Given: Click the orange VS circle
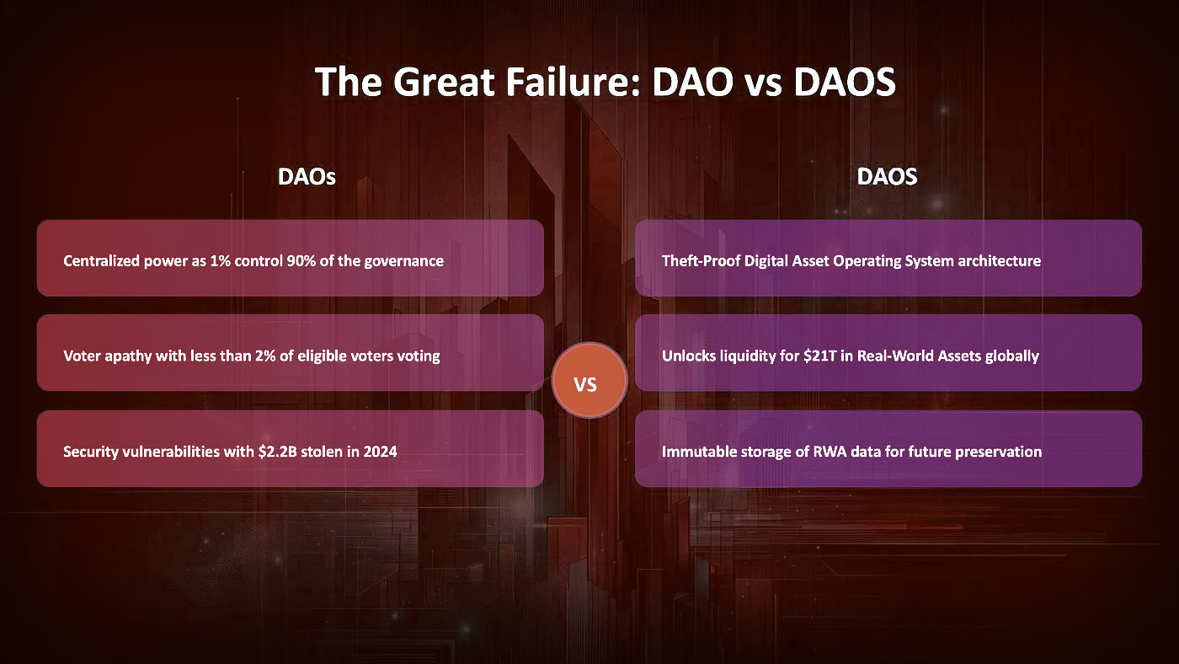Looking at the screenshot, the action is click(589, 380).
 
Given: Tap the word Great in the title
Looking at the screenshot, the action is click(444, 82).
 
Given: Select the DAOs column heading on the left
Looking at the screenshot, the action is click(307, 177).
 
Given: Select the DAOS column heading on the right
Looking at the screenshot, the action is click(887, 177).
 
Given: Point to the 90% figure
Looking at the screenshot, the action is click(301, 261).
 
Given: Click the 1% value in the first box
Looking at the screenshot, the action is click(220, 261).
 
